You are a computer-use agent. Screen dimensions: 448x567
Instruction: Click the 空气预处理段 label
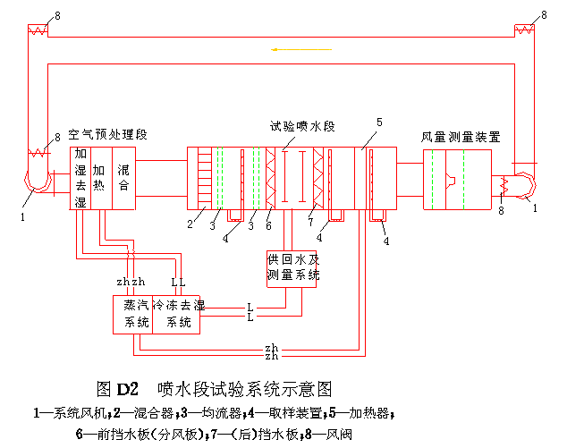108,134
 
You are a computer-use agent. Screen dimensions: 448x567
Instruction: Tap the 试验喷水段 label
302,127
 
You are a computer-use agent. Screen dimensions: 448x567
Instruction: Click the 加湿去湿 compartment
80,178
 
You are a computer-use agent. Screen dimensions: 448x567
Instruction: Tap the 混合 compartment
124,178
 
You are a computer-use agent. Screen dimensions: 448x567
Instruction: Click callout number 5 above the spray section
379,122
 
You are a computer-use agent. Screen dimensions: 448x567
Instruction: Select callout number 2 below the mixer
190,224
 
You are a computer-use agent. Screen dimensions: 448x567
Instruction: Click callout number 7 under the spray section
309,221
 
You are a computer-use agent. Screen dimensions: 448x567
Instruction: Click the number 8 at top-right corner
544,16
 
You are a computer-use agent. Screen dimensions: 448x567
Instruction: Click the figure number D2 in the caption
128,390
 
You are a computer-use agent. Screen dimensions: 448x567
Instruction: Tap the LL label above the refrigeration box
178,283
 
